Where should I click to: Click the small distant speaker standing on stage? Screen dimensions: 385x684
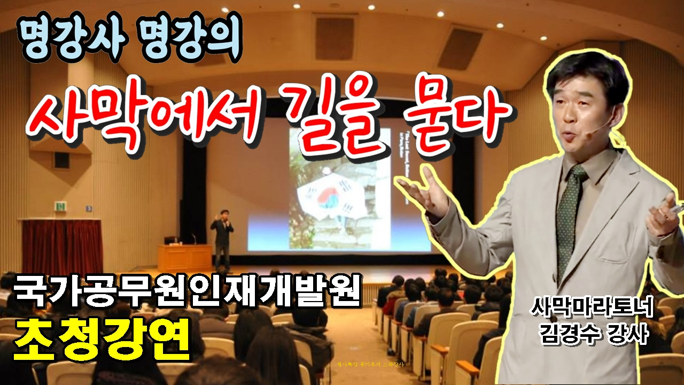click(x=222, y=235)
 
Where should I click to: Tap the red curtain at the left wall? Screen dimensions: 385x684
click(x=61, y=246)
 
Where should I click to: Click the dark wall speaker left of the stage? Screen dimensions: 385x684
click(x=61, y=160)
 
